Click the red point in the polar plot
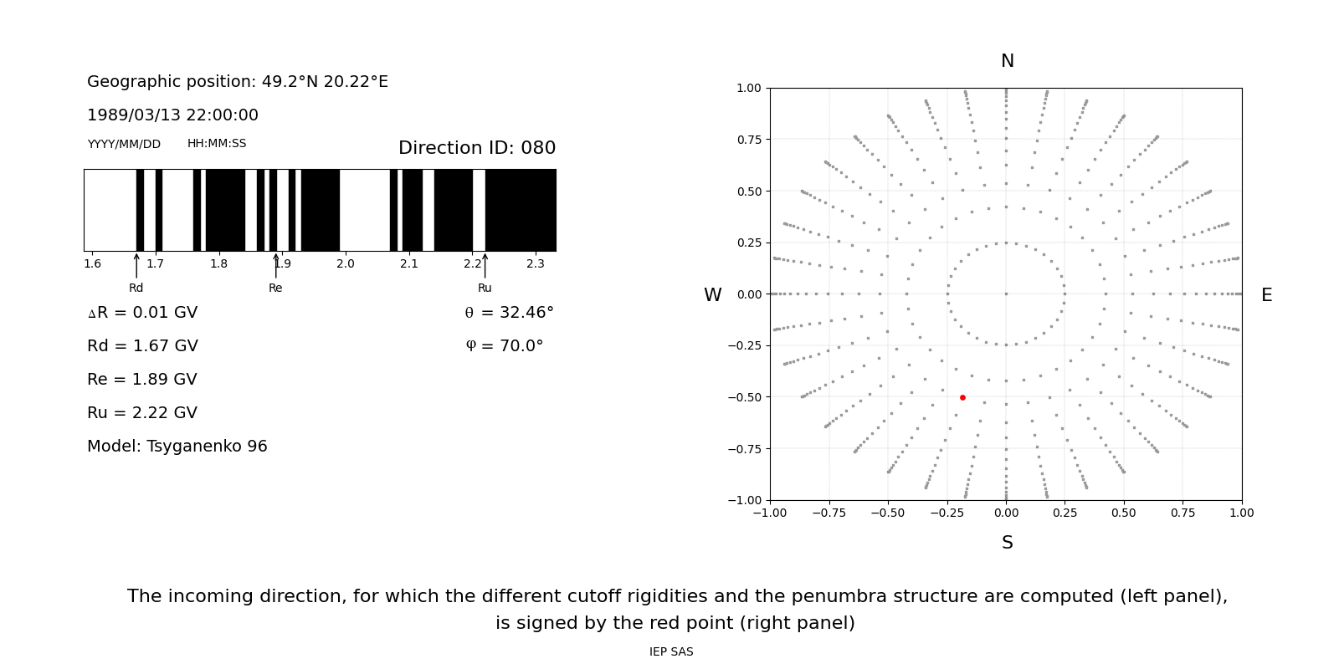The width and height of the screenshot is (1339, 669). pos(962,397)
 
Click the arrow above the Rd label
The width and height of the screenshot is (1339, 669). pos(136,265)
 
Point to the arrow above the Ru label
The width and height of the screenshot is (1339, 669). pos(485,265)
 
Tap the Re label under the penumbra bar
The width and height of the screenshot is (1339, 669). pos(275,289)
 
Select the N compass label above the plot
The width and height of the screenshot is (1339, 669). pos(1007,61)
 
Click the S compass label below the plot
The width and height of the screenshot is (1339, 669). pos(1007,543)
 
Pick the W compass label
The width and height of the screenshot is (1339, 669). pos(712,295)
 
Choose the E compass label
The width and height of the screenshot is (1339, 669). pos(1266,295)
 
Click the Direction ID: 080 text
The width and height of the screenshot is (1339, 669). pos(477,148)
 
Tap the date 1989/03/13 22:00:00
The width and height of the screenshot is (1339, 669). pos(172,115)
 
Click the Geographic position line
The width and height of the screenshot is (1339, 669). pos(238,82)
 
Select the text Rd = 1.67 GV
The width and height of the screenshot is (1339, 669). pos(142,346)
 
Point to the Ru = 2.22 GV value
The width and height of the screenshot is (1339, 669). pos(142,413)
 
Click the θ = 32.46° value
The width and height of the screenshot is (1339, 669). pos(509,313)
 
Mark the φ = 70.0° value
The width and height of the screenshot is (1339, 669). pos(505,346)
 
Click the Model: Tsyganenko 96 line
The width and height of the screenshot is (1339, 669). pos(177,447)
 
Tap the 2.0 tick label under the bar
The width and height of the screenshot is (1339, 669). pos(346,264)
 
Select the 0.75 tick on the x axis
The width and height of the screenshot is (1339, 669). pos(1183,513)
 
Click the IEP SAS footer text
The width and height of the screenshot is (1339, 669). pos(671,652)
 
